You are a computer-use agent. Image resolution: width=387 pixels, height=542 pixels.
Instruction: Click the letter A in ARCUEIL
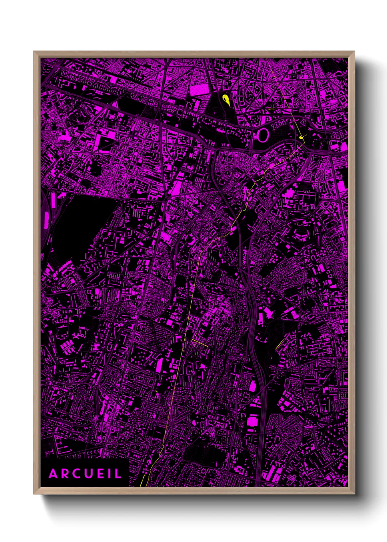click(53, 474)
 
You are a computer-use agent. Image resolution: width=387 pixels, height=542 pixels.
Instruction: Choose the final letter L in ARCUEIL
click(117, 474)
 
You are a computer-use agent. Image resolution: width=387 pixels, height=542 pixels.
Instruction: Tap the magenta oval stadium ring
click(263, 135)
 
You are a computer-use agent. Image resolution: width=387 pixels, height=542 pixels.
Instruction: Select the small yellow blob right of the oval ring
click(301, 138)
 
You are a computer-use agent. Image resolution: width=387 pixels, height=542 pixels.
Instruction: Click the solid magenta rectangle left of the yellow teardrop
click(199, 90)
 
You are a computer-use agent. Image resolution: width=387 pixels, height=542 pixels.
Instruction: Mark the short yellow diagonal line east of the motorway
click(280, 344)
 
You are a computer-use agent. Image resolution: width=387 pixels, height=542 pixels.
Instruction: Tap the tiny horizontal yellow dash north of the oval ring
click(271, 109)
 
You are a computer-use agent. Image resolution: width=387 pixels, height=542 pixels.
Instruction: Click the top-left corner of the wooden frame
click(34, 52)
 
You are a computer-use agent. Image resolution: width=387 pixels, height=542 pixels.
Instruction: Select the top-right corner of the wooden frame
click(354, 52)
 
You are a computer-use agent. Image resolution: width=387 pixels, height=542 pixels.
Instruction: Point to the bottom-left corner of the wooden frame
click(34, 494)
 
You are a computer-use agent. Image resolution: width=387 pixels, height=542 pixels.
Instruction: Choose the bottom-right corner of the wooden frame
click(354, 494)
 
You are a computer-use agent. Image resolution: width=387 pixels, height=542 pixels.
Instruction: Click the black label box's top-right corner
click(129, 459)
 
